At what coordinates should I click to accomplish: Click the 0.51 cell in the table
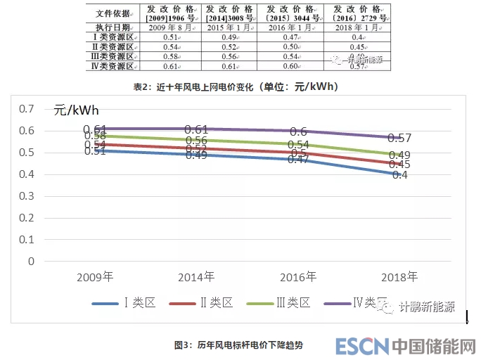pos(169,37)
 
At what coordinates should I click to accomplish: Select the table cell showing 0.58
pos(169,56)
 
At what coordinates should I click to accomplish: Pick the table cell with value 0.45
pos(357,47)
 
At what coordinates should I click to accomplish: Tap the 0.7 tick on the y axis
pos(27,108)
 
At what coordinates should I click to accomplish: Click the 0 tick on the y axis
pos(31,262)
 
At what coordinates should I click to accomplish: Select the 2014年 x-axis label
pos(195,276)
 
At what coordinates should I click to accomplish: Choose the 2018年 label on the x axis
pos(398,276)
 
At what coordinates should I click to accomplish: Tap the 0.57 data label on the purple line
pos(400,138)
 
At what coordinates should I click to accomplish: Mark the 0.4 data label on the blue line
pos(400,174)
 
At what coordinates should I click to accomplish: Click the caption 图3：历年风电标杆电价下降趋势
pos(239,345)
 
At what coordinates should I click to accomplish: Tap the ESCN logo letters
pos(361,346)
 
